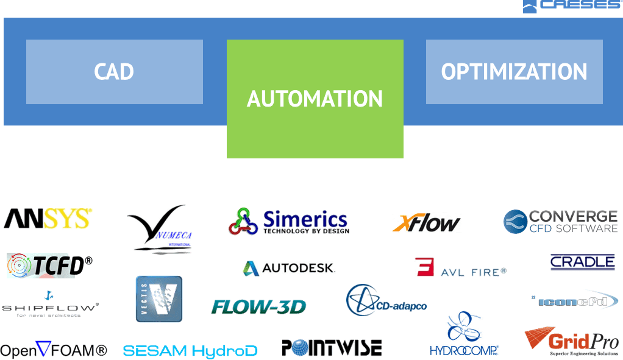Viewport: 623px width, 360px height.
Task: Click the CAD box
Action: coord(114,72)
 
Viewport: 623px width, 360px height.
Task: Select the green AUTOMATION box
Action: coord(315,99)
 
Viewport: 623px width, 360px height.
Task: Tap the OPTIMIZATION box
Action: coord(514,72)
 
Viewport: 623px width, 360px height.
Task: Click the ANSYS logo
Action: coord(48,219)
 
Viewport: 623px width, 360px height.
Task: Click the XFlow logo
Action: coord(426,223)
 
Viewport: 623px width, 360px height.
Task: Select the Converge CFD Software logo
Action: coord(560,222)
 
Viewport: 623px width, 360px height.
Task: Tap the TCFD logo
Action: coord(50,265)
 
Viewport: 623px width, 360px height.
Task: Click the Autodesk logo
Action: coord(288,268)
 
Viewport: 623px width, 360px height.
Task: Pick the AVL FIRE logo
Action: coord(460,267)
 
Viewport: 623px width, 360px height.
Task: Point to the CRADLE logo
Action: coord(582,262)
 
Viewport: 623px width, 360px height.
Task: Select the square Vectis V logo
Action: coord(158,298)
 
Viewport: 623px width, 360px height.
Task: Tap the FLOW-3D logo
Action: coord(258,306)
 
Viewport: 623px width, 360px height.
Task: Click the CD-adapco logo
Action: coord(386,301)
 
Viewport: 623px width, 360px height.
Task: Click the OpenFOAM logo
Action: coord(54,350)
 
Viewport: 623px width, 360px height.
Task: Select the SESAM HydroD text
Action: coord(190,351)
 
